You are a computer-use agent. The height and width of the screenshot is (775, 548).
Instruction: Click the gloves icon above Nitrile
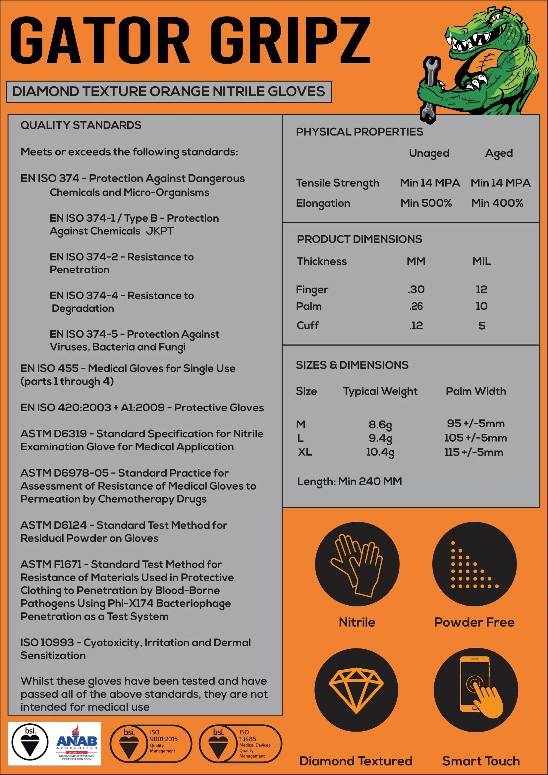tap(357, 564)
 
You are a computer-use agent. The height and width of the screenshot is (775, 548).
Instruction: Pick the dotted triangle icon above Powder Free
tap(474, 564)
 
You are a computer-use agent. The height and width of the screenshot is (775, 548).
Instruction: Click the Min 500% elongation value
tap(426, 203)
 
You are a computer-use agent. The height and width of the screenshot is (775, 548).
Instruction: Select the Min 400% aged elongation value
tap(497, 203)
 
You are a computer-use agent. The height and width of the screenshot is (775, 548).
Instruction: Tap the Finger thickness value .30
tap(416, 289)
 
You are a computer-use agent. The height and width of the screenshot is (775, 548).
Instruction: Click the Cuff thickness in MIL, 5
tap(481, 326)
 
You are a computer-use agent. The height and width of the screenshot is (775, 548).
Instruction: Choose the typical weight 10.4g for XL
tap(380, 452)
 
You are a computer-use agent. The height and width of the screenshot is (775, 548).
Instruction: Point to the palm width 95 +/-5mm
tap(475, 423)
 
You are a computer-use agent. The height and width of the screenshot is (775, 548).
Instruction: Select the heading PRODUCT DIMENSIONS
tap(359, 239)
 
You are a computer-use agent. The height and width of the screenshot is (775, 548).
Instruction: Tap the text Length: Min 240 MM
tap(349, 481)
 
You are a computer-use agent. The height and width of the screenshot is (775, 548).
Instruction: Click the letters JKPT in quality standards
tap(160, 231)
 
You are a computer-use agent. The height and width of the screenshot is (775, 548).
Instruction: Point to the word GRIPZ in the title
tap(290, 40)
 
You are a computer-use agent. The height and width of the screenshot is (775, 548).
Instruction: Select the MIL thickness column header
tap(481, 261)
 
